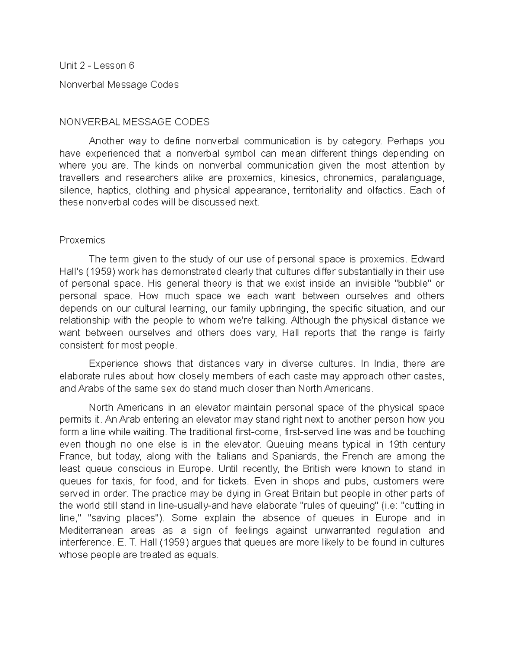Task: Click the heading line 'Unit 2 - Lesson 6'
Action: tap(96, 66)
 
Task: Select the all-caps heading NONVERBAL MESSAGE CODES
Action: tap(134, 122)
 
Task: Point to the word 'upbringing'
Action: tap(286, 308)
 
